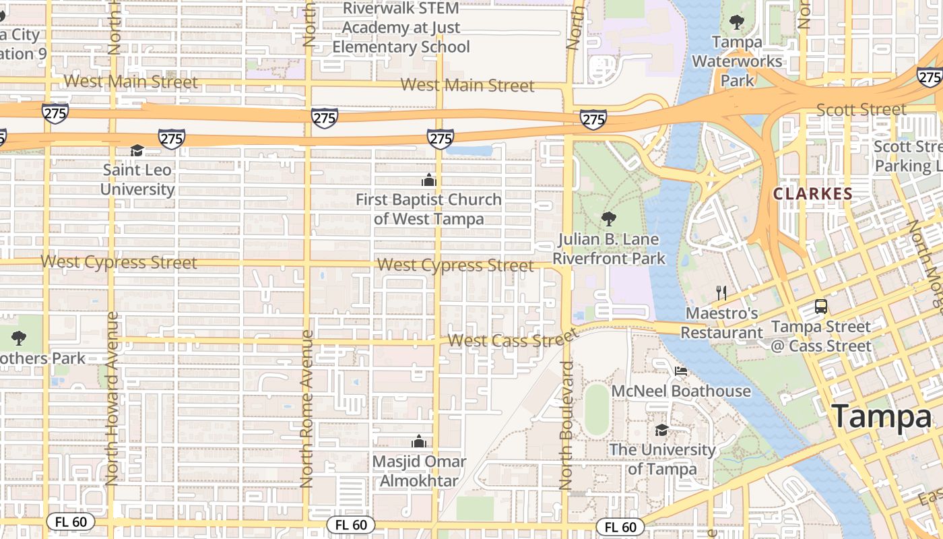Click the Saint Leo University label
[137, 179]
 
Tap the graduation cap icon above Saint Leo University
[137, 150]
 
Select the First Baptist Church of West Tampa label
[428, 209]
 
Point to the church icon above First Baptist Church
[428, 180]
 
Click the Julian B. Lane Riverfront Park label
[609, 249]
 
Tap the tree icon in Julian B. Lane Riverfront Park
[608, 218]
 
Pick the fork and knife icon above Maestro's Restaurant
[721, 292]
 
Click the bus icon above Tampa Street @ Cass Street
[821, 306]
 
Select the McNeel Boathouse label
[680, 391]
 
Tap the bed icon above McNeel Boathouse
[681, 371]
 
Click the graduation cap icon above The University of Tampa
[662, 430]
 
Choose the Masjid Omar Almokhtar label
[419, 471]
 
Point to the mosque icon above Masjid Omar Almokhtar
[419, 441]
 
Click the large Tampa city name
[881, 416]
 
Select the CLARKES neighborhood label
[812, 194]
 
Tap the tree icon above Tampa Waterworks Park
[737, 22]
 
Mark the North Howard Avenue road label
[112, 398]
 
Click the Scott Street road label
[861, 109]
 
